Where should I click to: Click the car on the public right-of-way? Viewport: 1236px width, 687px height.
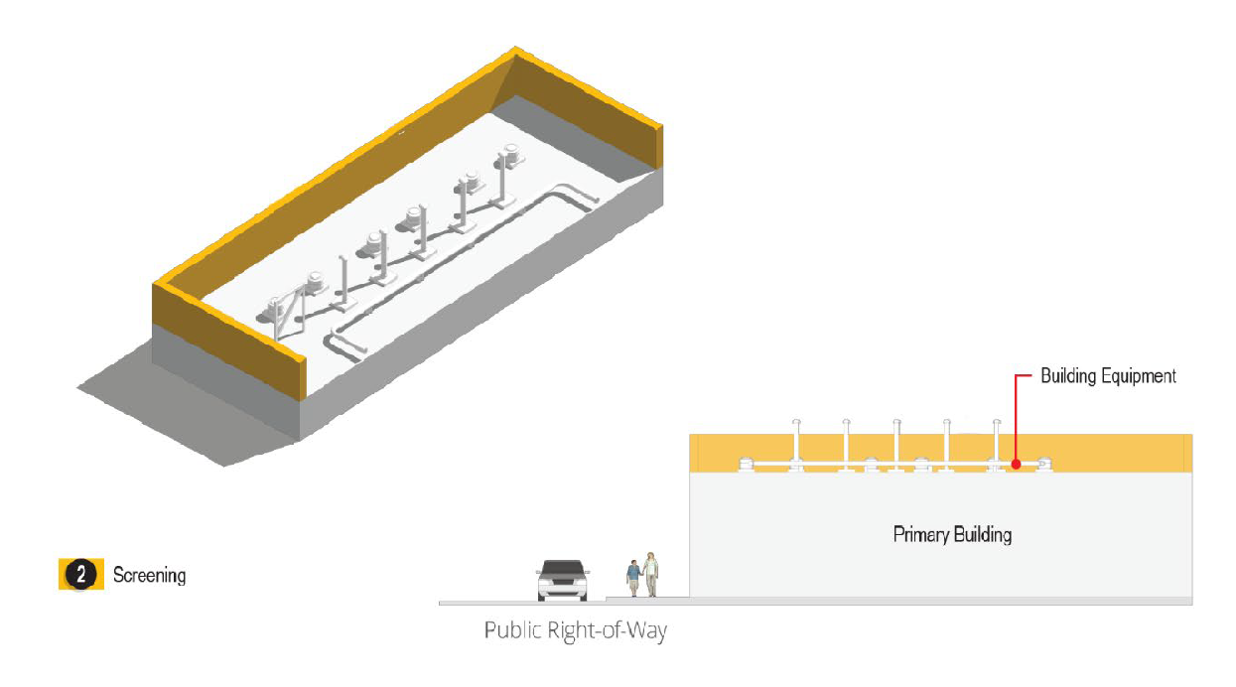tap(562, 580)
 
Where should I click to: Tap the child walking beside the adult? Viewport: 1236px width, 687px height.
tap(633, 579)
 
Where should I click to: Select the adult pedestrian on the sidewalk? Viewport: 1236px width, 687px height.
tap(650, 574)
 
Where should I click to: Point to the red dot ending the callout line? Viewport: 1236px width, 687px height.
tap(1015, 464)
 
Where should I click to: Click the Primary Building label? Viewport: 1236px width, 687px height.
tap(952, 534)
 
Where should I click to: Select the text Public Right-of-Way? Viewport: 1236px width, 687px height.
tap(575, 630)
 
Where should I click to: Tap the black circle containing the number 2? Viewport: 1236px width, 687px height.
tap(81, 574)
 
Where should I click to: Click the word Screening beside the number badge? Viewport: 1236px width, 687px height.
tap(149, 575)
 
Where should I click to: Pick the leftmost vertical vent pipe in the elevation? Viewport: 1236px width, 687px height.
tap(796, 441)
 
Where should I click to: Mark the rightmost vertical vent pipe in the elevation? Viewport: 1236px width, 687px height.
tap(996, 441)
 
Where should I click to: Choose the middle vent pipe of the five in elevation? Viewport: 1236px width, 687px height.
tap(896, 441)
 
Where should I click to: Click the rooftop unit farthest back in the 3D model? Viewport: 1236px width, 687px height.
tap(512, 156)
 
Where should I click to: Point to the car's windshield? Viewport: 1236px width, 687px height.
tap(562, 571)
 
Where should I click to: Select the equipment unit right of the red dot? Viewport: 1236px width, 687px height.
tap(1043, 464)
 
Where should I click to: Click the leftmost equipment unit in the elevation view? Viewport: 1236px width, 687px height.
tap(746, 464)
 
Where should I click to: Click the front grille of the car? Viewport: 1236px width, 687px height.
tap(562, 586)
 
